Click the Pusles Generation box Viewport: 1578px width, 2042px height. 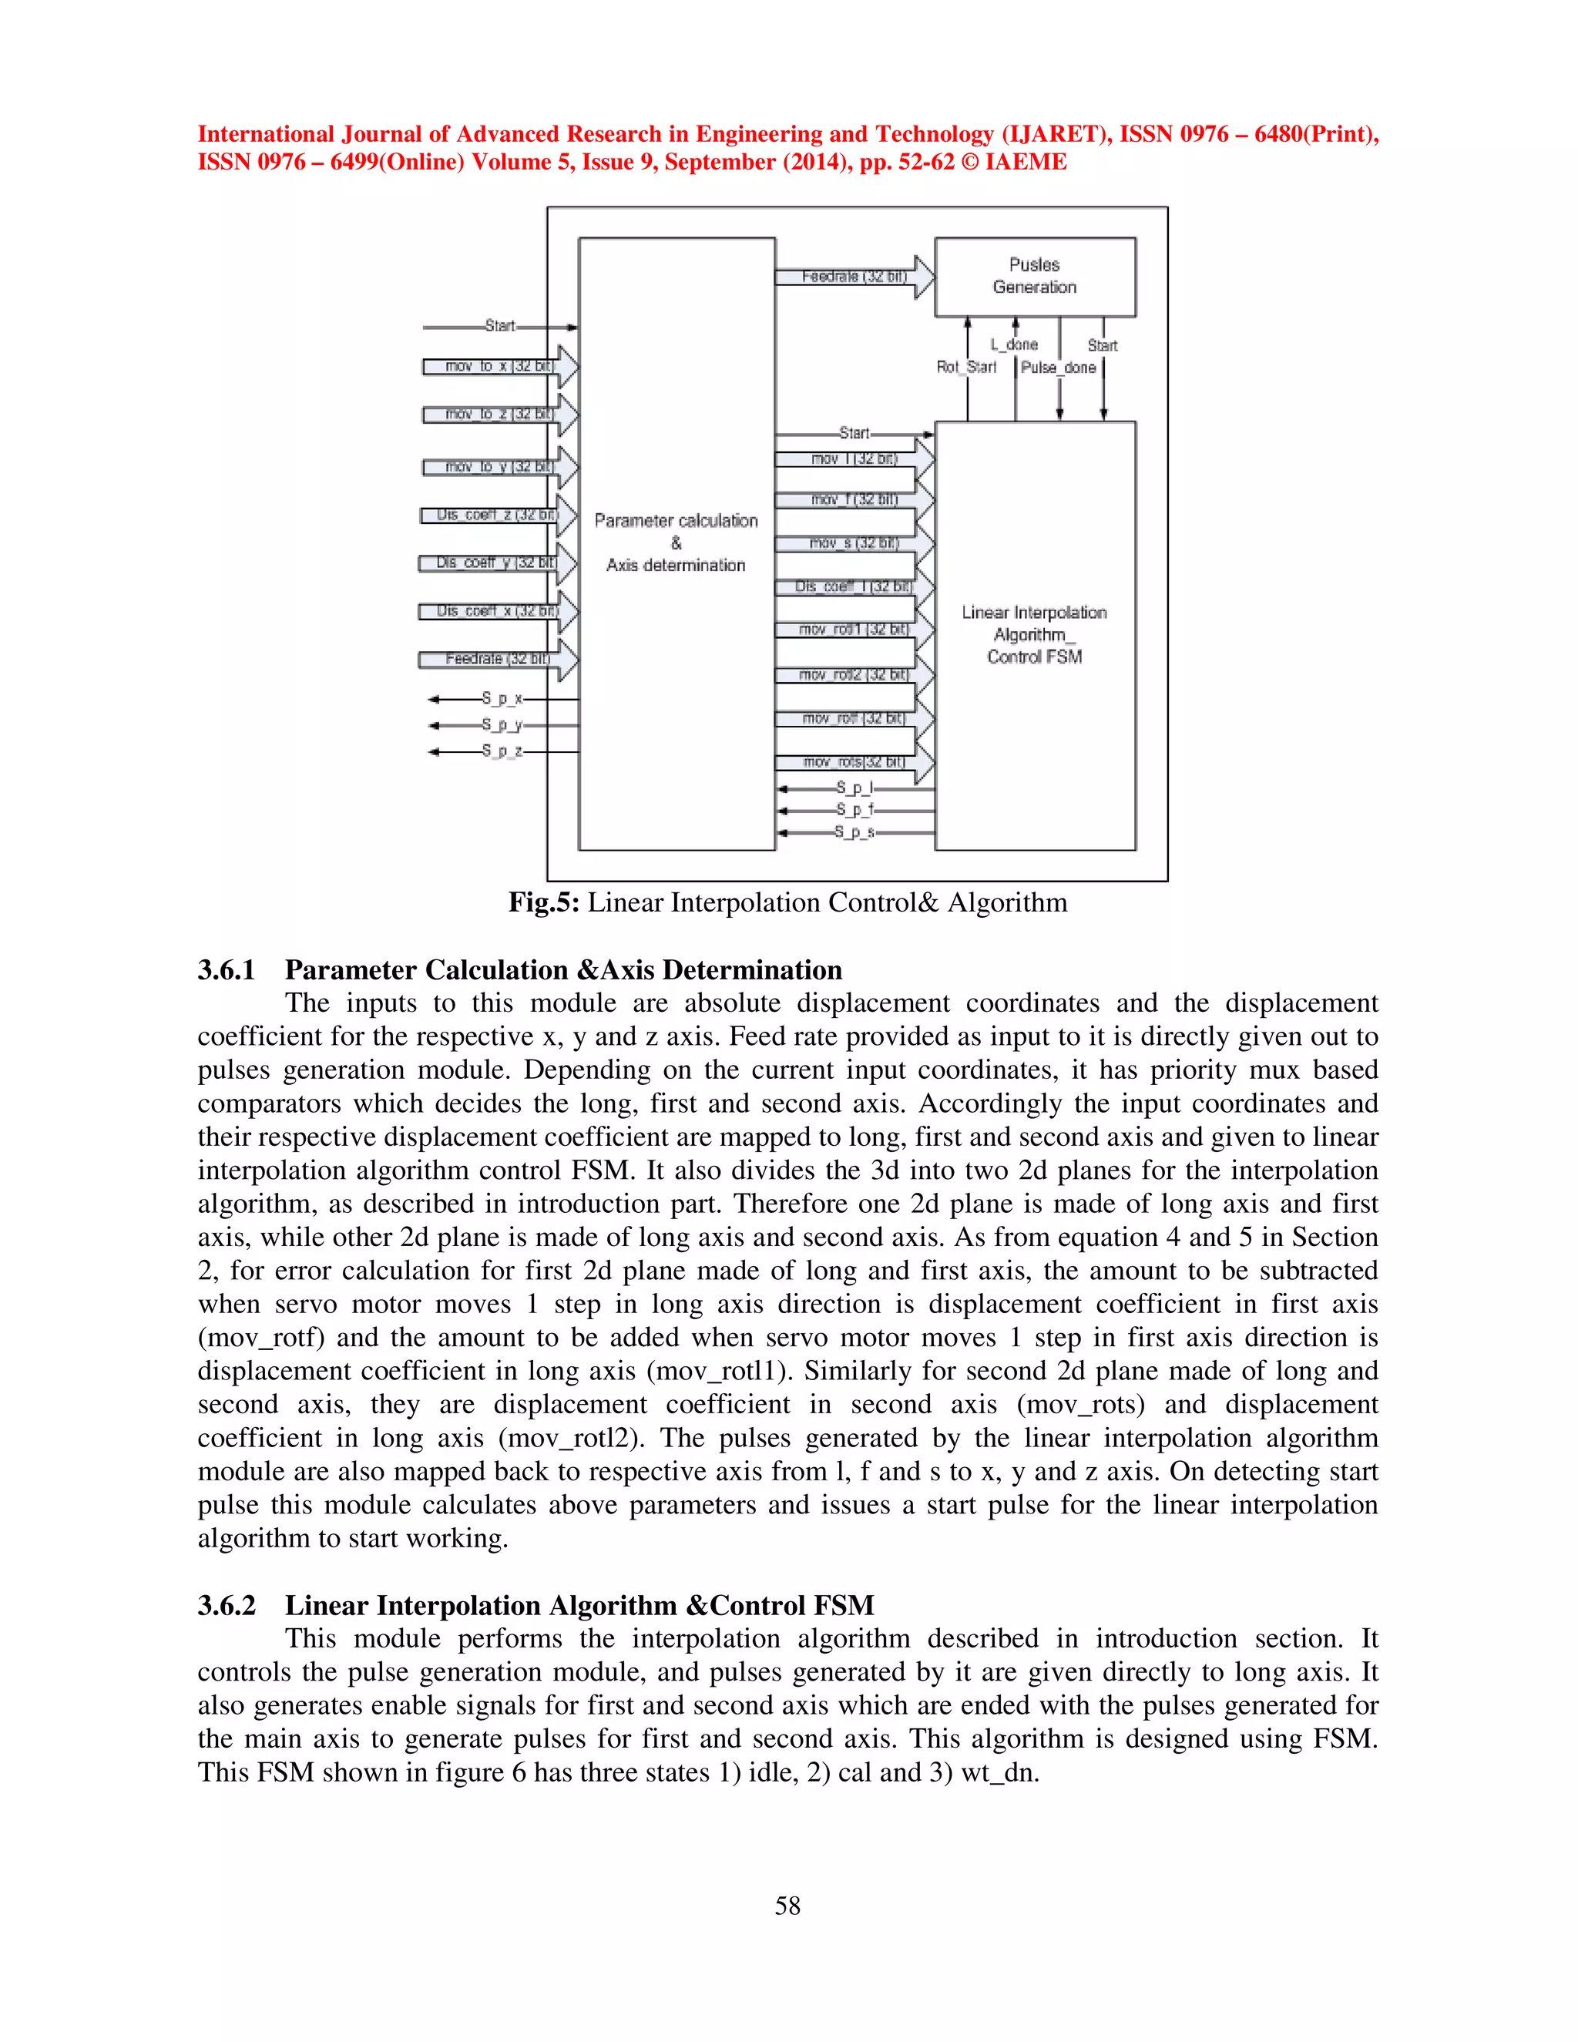point(1035,277)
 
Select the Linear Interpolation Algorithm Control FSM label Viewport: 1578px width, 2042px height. point(1034,635)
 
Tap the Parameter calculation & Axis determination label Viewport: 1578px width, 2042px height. point(676,542)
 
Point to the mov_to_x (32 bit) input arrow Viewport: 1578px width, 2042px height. point(500,367)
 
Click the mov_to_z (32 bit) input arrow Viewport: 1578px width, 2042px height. point(500,415)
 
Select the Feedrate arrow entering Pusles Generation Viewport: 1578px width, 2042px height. point(854,277)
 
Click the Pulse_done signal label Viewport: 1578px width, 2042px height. point(1058,368)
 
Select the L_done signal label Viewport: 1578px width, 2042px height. point(1014,345)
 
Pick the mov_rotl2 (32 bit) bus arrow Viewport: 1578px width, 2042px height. point(854,675)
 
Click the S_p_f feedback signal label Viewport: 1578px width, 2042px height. point(854,810)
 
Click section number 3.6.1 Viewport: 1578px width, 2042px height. point(227,969)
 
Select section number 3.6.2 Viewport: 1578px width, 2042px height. point(227,1605)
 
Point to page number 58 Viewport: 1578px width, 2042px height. point(787,1906)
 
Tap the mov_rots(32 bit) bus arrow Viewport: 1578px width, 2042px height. point(854,762)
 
